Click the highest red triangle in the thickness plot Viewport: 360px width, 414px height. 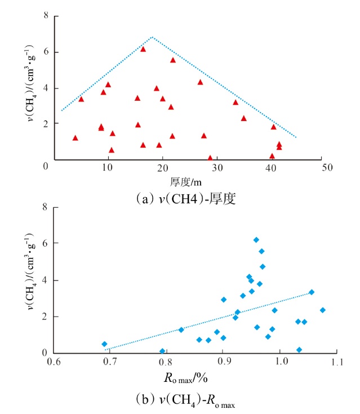point(143,49)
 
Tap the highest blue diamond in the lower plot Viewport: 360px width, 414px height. point(256,240)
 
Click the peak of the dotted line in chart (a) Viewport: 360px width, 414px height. point(152,37)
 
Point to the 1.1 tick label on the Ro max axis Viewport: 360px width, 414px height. point(337,361)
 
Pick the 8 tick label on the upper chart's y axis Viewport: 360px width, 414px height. point(46,15)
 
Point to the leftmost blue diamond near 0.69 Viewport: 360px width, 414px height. point(104,344)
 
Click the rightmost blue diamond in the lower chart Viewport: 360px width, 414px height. point(323,310)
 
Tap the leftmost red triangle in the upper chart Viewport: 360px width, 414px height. point(75,137)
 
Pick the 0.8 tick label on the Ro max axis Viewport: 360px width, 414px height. point(167,361)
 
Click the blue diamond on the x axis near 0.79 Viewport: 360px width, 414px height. point(162,351)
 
